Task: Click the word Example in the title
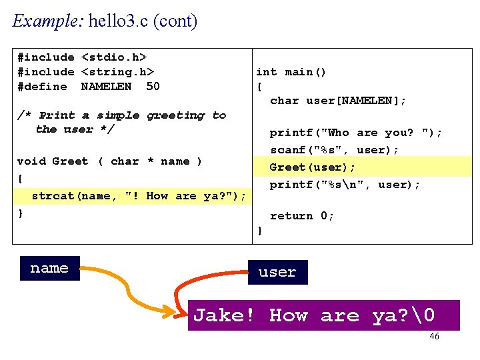pos(45,21)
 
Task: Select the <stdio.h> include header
pos(113,57)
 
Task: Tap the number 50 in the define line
pos(153,87)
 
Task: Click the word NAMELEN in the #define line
pos(106,87)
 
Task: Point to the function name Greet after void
pos(70,161)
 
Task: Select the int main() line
pos(291,72)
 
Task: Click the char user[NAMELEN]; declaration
pos(338,101)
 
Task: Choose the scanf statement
pos(334,150)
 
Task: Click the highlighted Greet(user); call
pos(313,167)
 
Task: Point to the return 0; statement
pos(301,216)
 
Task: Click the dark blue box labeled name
pos(49,268)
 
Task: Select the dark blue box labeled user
pos(277,272)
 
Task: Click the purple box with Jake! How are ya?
pos(323,315)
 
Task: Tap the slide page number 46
pos(434,337)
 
